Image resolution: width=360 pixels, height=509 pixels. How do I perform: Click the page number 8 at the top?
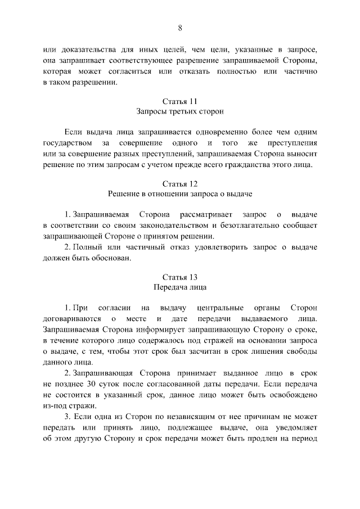180,29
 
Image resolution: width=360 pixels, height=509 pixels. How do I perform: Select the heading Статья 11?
180,102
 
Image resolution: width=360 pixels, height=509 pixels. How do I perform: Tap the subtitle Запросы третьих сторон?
180,112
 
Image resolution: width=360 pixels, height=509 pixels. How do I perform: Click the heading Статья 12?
180,184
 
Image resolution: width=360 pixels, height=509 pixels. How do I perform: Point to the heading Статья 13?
180,277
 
